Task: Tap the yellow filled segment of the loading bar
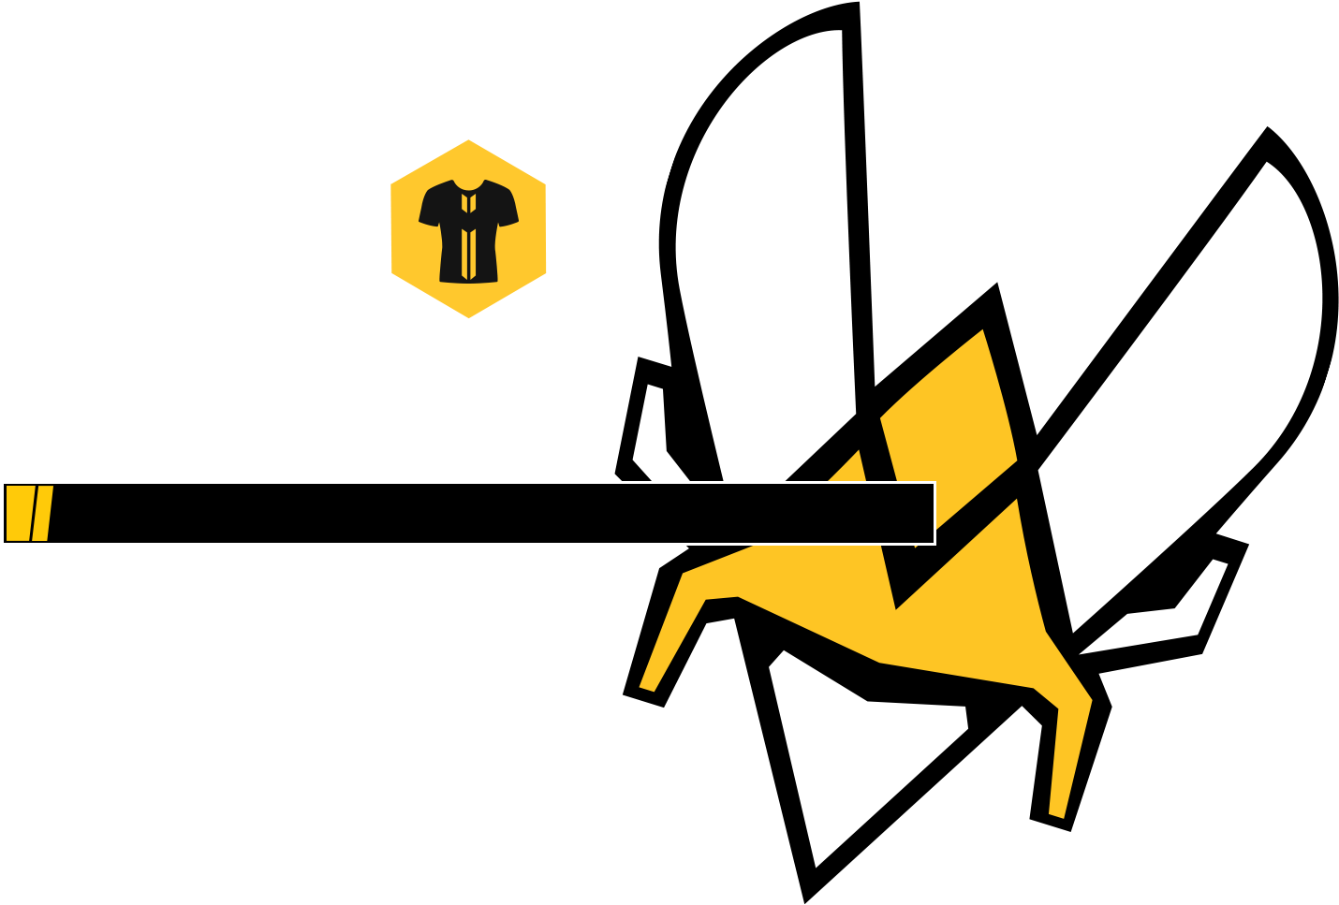point(29,513)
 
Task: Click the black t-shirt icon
point(468,230)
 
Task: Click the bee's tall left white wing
point(768,234)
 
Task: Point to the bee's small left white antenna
point(655,431)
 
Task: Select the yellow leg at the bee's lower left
point(674,627)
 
